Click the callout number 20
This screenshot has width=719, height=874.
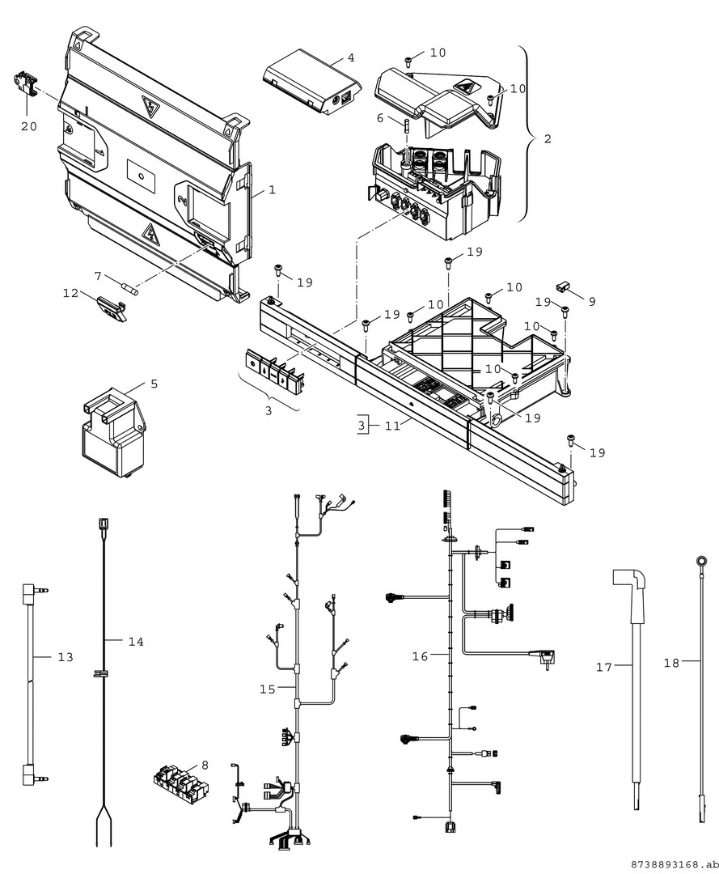pyautogui.click(x=29, y=126)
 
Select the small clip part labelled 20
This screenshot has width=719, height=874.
pyautogui.click(x=24, y=83)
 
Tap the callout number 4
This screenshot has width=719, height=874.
pyautogui.click(x=350, y=57)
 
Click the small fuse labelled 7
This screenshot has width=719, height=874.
pyautogui.click(x=129, y=288)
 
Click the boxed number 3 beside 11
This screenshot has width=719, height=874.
pyautogui.click(x=362, y=426)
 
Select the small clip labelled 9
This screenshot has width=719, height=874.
pyautogui.click(x=563, y=287)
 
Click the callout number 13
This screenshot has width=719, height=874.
pyautogui.click(x=66, y=656)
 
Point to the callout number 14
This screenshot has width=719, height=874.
pyautogui.click(x=136, y=642)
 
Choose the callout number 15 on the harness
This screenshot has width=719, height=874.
pyautogui.click(x=268, y=689)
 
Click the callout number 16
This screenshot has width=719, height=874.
pyautogui.click(x=420, y=656)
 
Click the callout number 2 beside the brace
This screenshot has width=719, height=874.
pyautogui.click(x=548, y=138)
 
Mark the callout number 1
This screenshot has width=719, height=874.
pyautogui.click(x=272, y=189)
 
